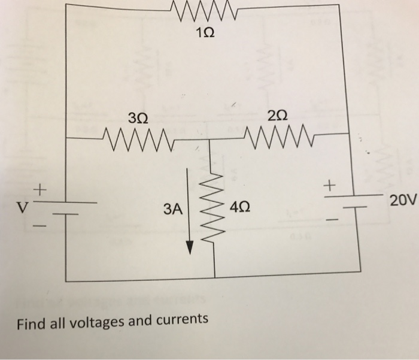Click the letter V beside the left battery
coord(22,210)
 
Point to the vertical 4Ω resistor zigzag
coord(214,210)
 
